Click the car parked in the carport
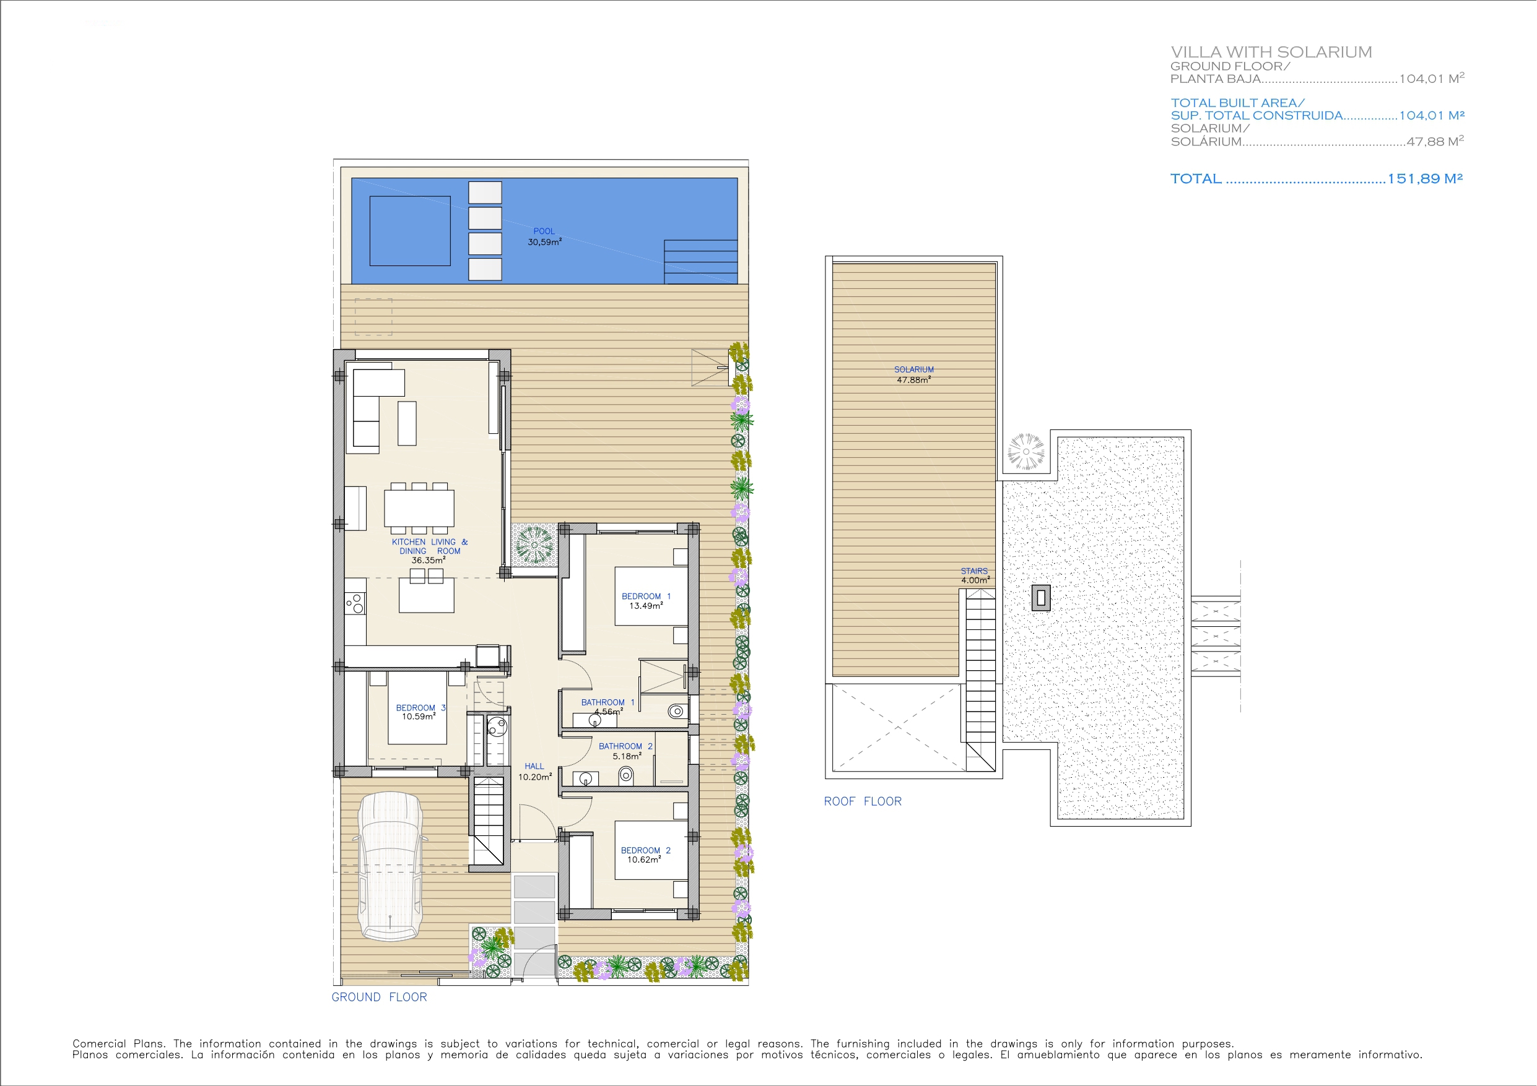tap(390, 866)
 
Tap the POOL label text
tap(544, 231)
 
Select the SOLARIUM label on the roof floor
tap(914, 369)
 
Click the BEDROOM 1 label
tap(646, 596)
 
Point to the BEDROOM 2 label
tap(645, 850)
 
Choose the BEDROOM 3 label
tap(420, 708)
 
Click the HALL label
tap(534, 766)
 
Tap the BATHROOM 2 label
tap(625, 746)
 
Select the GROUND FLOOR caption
tap(379, 997)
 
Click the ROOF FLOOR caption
tap(862, 801)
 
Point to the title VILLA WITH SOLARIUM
tap(1271, 52)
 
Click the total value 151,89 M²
tap(1425, 179)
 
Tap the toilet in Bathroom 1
tap(677, 711)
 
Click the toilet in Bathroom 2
tap(626, 775)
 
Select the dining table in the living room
tap(419, 508)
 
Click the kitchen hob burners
tap(355, 603)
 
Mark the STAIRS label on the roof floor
tap(974, 571)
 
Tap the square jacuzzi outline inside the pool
tap(410, 231)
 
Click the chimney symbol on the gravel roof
tap(1040, 598)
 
